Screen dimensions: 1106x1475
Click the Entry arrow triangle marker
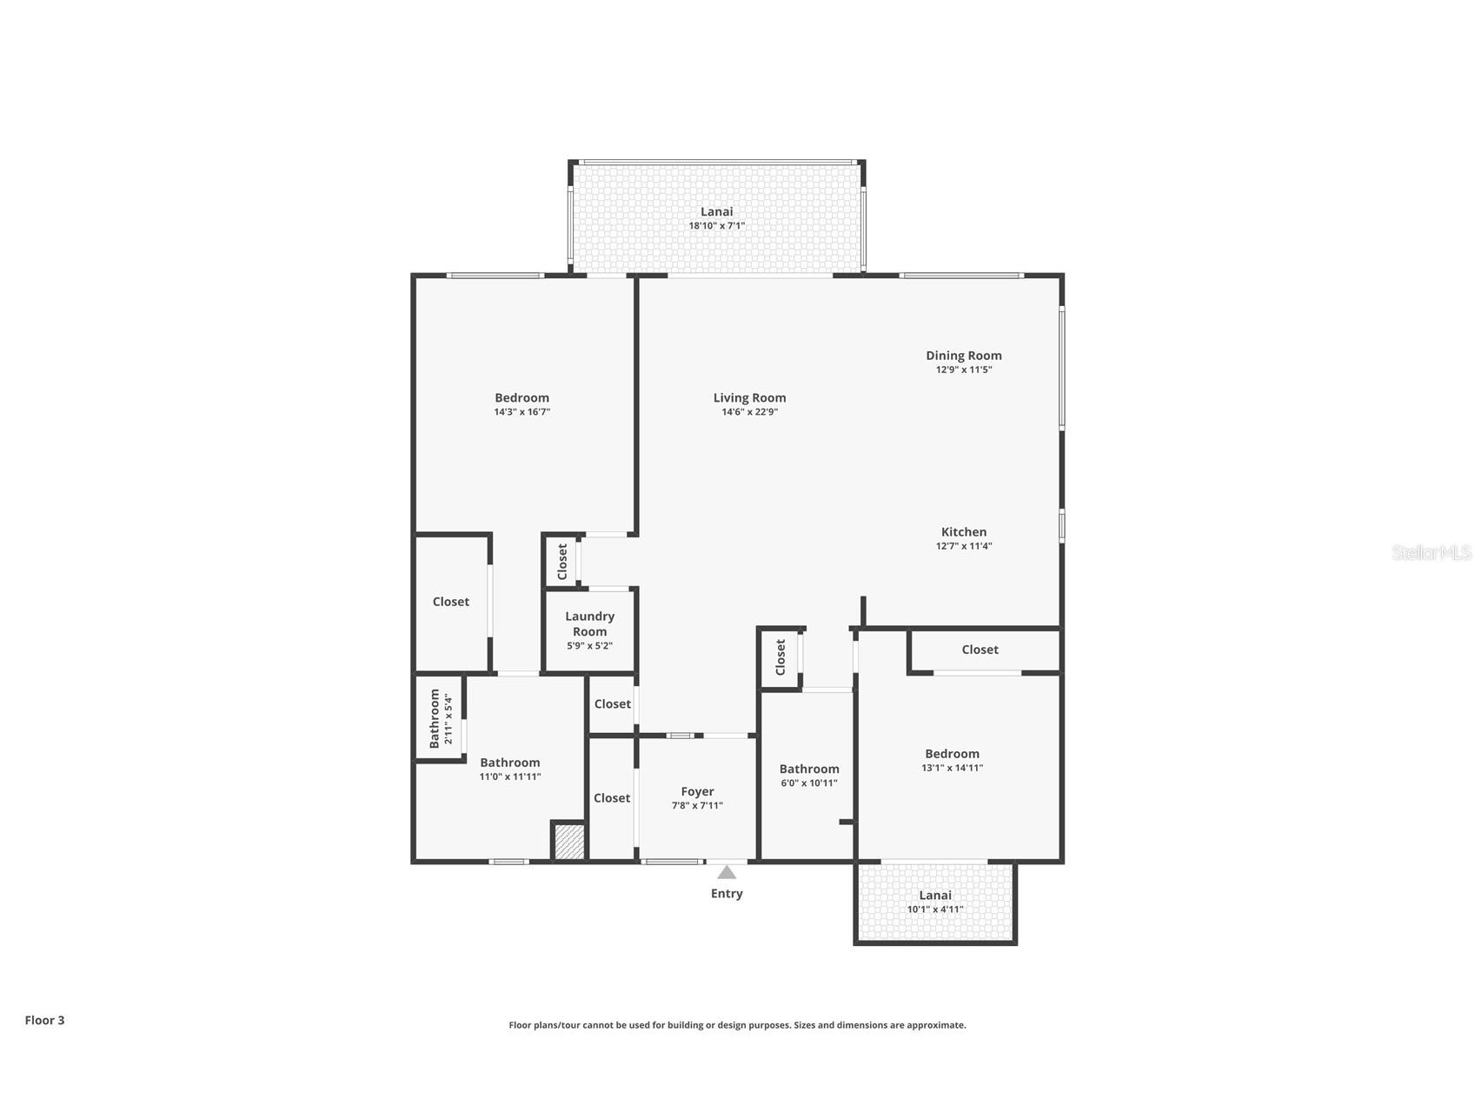pos(727,872)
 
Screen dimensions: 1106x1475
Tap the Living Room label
pos(749,398)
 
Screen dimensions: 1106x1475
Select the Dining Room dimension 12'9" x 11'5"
pos(963,370)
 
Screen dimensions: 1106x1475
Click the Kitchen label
pos(963,532)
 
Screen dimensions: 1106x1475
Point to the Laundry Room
pos(589,630)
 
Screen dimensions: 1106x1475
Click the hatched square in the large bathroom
pos(569,843)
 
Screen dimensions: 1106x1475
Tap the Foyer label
pos(697,791)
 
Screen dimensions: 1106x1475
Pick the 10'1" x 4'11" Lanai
pos(935,902)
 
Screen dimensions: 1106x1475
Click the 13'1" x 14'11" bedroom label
pos(952,754)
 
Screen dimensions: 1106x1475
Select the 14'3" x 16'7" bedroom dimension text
pos(522,412)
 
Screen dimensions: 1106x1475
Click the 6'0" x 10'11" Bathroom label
pos(808,769)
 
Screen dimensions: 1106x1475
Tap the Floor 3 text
pos(44,1020)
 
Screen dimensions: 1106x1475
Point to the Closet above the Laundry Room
pos(562,562)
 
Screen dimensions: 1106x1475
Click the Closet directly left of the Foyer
pos(612,798)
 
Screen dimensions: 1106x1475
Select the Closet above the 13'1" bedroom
pos(980,650)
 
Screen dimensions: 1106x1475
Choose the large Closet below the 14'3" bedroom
pos(450,602)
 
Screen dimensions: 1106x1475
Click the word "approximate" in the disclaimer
pos(935,1025)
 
